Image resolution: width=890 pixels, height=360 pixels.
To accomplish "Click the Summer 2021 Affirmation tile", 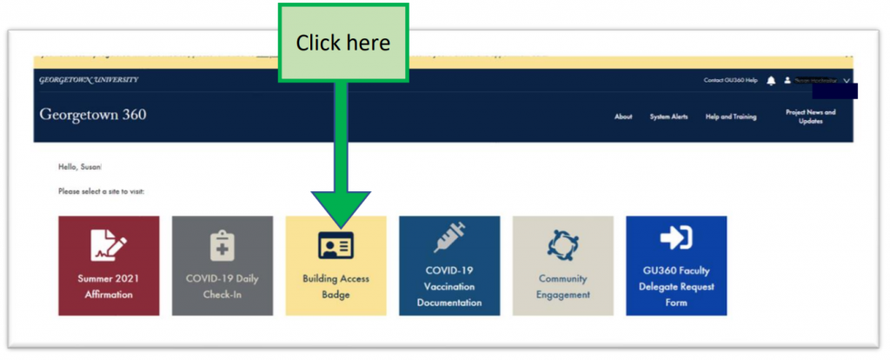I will [109, 265].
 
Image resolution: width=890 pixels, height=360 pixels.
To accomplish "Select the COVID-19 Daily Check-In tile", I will [222, 265].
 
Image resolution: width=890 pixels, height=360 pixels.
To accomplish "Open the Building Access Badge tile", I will [335, 265].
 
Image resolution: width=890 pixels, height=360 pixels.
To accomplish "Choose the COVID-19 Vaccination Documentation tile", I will [449, 265].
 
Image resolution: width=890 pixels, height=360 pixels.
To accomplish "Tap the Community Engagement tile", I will [562, 265].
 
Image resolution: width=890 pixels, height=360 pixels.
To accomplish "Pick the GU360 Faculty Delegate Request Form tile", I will [676, 265].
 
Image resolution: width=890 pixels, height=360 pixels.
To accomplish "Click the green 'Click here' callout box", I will [342, 43].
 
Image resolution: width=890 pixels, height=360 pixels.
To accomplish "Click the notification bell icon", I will [771, 81].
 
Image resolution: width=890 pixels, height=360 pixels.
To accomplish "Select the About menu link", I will [623, 117].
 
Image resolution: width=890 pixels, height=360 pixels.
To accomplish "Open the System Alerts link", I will [668, 117].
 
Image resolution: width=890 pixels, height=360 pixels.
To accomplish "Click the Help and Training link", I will [731, 117].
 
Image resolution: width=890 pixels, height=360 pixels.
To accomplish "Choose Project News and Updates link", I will [810, 117].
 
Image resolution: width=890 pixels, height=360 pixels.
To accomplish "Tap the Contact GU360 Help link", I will [730, 81].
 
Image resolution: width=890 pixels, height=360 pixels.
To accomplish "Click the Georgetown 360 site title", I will [93, 115].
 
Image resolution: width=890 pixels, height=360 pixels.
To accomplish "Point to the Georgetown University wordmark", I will [89, 80].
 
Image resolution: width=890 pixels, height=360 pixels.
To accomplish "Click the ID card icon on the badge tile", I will [335, 246].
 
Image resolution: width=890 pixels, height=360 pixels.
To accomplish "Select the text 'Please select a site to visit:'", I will [101, 191].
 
